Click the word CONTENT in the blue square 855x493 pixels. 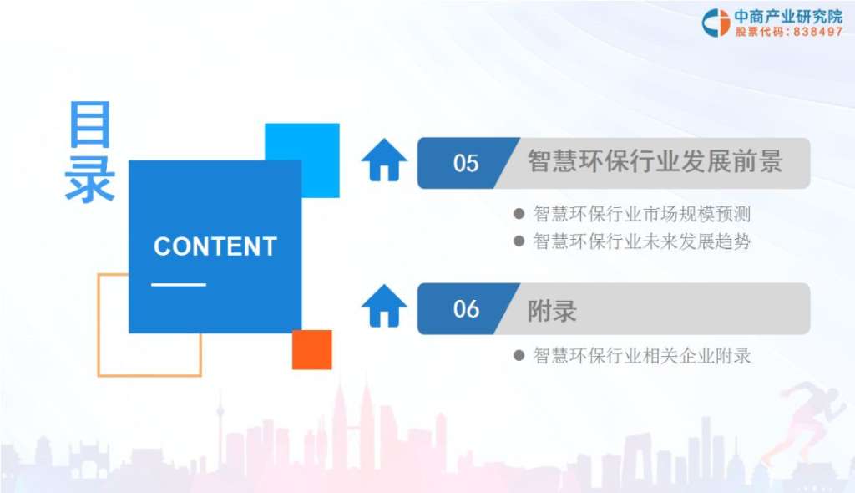coord(215,246)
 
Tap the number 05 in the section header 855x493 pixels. coord(466,163)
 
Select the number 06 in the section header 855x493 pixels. coord(466,309)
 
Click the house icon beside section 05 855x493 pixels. coord(384,160)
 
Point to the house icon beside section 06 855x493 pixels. coord(384,306)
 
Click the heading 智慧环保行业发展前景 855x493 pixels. coord(655,161)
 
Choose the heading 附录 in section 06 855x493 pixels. coord(552,311)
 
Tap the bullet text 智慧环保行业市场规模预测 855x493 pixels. coord(642,214)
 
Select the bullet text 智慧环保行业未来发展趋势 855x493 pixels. coord(642,241)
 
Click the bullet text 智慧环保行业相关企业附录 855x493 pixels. coord(642,356)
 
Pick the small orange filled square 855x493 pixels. coord(312,350)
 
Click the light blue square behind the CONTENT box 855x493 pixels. coord(321,142)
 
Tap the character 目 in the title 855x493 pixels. coord(90,125)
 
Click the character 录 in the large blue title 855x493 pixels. coord(90,180)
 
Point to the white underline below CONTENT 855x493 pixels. coord(179,284)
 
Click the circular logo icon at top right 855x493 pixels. coord(716,23)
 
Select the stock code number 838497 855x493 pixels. coord(818,32)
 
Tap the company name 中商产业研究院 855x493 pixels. coord(788,17)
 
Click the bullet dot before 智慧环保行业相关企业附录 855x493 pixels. coord(519,356)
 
